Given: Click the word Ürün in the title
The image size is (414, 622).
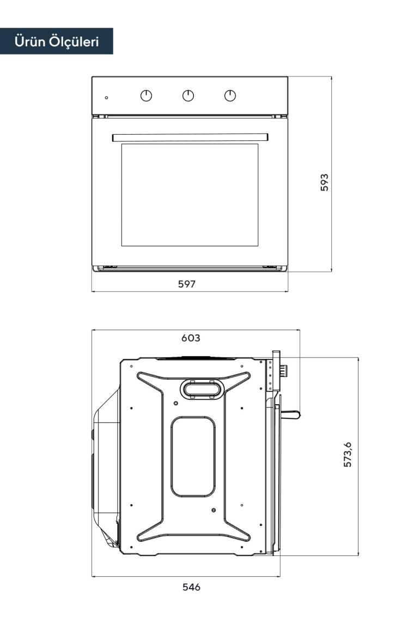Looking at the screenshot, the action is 29,41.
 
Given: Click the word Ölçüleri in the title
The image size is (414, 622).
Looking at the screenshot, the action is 74,41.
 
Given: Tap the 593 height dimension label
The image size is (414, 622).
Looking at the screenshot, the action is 324,182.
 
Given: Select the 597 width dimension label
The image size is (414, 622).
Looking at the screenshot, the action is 187,284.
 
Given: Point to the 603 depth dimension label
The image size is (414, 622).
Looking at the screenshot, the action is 191,338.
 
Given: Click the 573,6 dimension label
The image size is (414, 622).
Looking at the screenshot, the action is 348,454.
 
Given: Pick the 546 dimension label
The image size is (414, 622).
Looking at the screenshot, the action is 191,587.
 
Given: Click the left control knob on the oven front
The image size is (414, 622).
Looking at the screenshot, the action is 146,95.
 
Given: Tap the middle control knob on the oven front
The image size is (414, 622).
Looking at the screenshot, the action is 188,95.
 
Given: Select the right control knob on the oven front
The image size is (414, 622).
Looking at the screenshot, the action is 230,95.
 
